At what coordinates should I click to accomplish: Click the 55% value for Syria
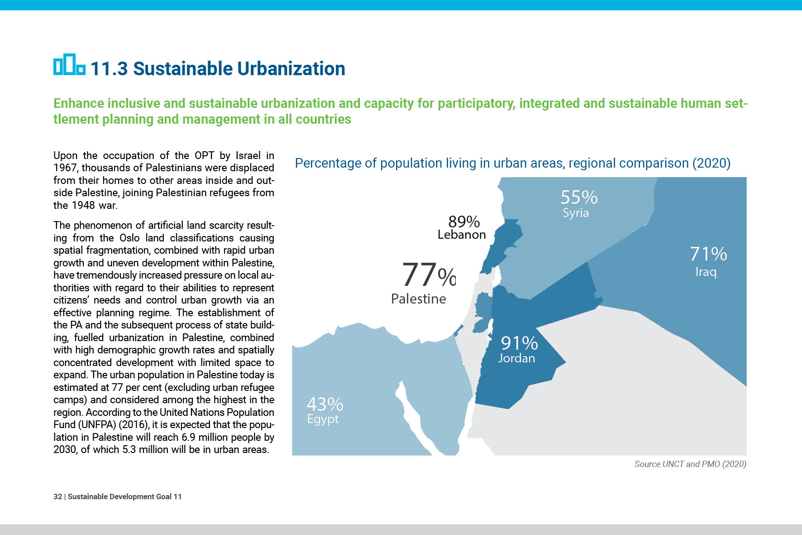pos(579,198)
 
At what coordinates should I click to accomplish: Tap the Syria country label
pos(576,213)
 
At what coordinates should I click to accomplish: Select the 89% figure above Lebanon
pos(464,222)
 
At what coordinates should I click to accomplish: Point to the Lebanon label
pos(462,235)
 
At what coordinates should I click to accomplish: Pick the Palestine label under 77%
pos(419,299)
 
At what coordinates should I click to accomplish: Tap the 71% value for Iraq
pos(708,254)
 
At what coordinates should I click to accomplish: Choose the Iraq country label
pos(706,272)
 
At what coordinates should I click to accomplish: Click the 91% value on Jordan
pos(519,343)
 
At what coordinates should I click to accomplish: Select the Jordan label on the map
pos(516,358)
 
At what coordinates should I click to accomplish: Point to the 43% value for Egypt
pos(325,404)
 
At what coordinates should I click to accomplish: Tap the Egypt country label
pos(323,419)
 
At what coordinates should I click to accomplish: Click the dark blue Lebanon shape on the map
pos(502,245)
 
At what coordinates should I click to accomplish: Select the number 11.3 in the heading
pos(109,69)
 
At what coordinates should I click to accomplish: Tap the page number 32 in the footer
pos(57,496)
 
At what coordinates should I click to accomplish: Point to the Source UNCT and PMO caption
pos(690,464)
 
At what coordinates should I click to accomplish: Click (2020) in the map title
pos(711,163)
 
